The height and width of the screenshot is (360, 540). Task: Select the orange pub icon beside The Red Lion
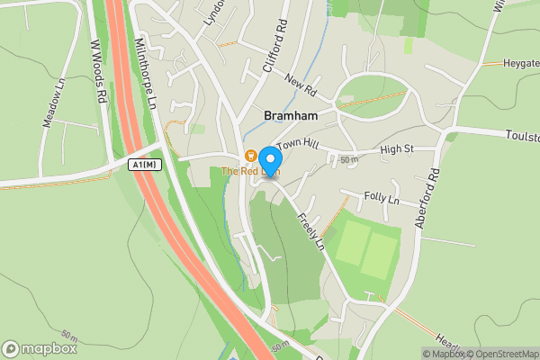point(251,156)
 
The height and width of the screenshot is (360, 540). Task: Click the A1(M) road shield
point(144,165)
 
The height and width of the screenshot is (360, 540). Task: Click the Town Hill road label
point(298,145)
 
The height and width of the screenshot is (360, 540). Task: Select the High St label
point(396,149)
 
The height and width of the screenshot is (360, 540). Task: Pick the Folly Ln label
point(382,197)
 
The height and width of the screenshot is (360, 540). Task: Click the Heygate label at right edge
point(520,64)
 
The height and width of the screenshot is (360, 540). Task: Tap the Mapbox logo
point(40,348)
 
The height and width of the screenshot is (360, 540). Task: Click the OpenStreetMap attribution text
point(501,354)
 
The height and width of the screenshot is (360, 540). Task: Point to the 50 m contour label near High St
point(349,159)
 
